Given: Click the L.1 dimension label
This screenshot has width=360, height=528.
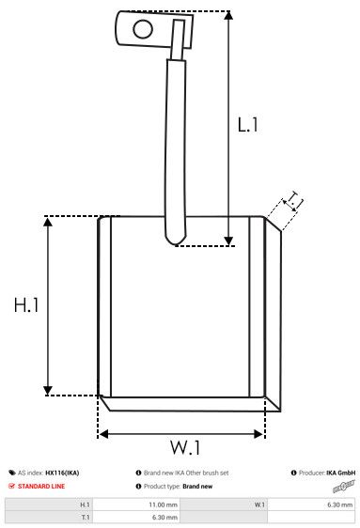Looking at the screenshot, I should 247,124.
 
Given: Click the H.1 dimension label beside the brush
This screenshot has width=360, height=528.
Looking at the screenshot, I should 26,305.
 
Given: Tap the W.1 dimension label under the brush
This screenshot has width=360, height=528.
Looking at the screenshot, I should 186,446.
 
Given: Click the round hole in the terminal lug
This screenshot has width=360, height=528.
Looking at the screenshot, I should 143,28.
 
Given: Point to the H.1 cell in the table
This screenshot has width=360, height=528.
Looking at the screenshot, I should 85,505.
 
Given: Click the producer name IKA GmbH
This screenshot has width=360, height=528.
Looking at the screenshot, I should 340,473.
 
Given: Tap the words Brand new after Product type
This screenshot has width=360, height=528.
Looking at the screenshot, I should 197,487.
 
